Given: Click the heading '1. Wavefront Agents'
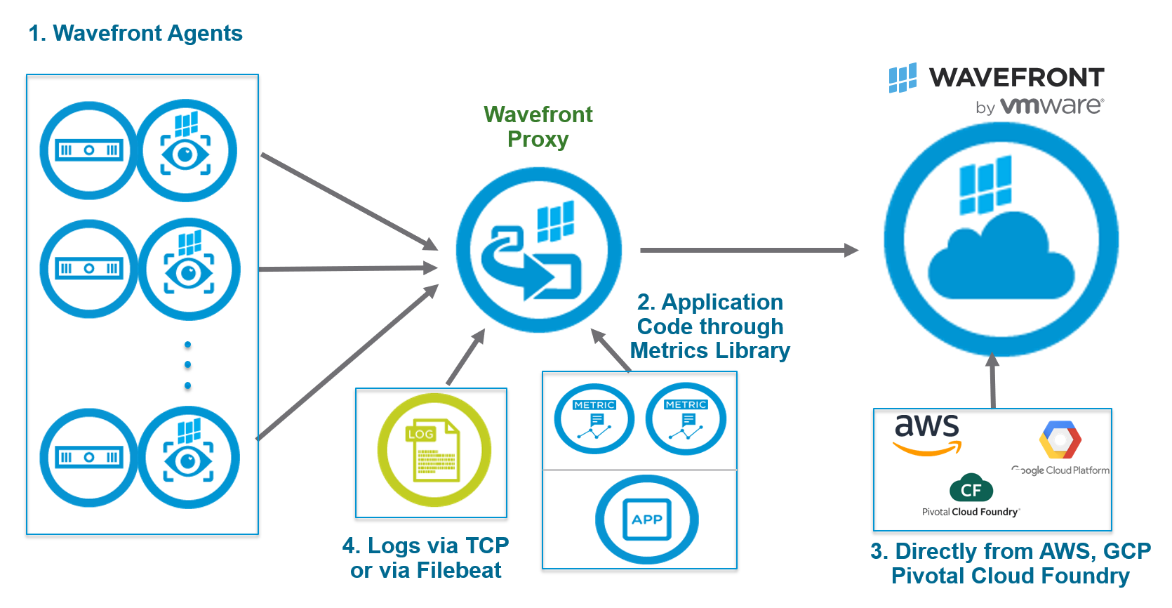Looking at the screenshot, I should (x=135, y=33).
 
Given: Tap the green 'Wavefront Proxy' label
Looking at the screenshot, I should (x=538, y=126).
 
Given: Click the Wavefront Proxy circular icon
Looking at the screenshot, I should (x=538, y=250).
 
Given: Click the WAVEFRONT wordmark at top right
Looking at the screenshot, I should (x=1016, y=77).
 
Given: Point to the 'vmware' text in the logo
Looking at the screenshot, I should (x=1051, y=106).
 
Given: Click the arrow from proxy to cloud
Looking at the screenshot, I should (x=748, y=250).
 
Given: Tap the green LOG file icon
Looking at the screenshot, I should (x=434, y=450).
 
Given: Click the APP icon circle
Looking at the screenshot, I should (x=646, y=520).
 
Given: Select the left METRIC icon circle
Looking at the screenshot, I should (x=594, y=419).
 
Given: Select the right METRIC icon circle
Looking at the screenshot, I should (x=686, y=419).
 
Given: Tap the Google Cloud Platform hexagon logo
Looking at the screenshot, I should (x=1060, y=440).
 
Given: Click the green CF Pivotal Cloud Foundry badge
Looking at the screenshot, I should (x=971, y=489).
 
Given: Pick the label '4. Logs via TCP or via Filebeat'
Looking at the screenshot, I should (x=425, y=557).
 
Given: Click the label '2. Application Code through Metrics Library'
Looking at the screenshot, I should (x=710, y=326).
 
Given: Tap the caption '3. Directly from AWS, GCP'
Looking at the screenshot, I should (x=1011, y=551).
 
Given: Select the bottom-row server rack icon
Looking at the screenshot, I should (x=89, y=458).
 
